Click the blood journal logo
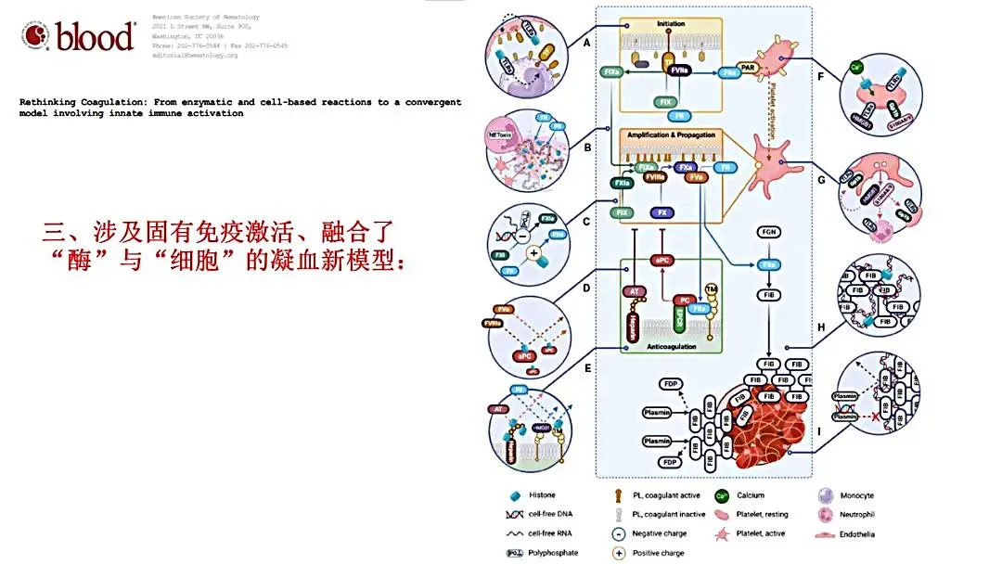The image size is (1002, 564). click(x=80, y=36)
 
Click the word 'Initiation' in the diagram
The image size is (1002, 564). click(x=671, y=22)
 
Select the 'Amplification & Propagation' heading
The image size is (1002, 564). click(x=671, y=135)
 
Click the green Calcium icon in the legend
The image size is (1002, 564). click(x=721, y=496)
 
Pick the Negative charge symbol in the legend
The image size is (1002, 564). click(x=618, y=533)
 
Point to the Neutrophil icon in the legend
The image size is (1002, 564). click(x=822, y=515)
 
